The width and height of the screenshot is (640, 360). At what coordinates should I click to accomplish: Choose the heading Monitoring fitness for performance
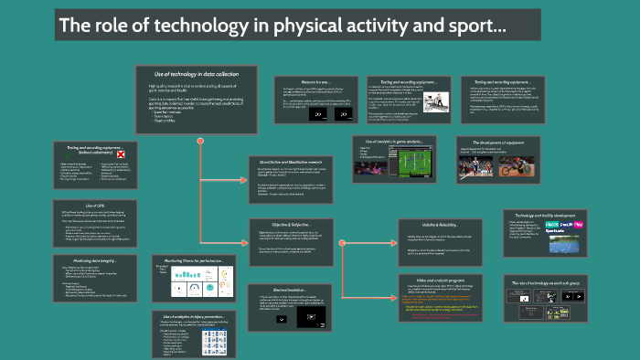(x=187, y=259)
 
